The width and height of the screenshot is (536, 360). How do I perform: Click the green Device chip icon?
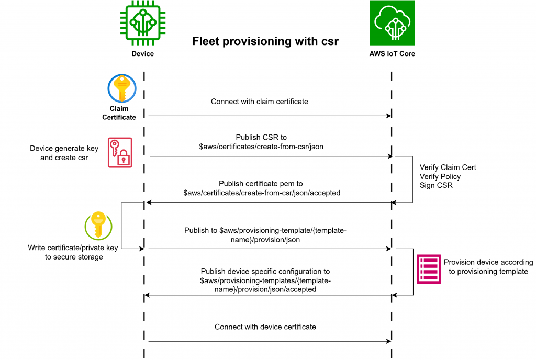[x=142, y=23]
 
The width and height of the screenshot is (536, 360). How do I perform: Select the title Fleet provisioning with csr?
[x=265, y=41]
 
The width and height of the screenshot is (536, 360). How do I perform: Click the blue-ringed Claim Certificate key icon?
[x=122, y=88]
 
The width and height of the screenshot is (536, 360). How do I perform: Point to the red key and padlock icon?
[x=120, y=152]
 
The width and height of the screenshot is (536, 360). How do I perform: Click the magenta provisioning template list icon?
[x=429, y=269]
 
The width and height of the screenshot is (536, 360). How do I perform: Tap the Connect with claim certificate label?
[x=260, y=102]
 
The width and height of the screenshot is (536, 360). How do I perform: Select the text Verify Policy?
[x=440, y=177]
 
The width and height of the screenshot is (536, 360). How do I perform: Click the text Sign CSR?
[x=435, y=186]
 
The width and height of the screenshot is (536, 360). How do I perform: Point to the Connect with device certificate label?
[x=265, y=327]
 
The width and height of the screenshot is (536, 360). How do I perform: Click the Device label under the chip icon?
[x=142, y=53]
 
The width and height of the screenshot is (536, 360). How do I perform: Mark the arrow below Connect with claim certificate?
[x=270, y=116]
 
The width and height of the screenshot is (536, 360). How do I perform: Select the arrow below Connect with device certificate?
[x=270, y=341]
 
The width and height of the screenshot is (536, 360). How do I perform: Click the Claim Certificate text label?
[x=119, y=113]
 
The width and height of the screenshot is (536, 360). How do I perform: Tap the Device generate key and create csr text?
[x=64, y=153]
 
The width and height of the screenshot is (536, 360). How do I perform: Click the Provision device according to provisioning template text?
[x=488, y=267]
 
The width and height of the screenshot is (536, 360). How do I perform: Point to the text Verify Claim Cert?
[x=448, y=167]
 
